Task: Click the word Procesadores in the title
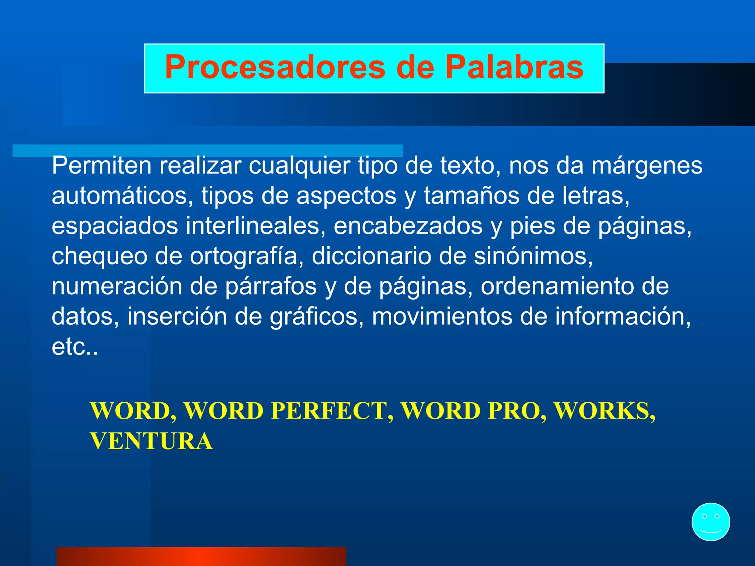(275, 67)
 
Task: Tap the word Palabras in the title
(514, 67)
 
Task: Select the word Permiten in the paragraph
(101, 166)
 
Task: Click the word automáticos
(122, 196)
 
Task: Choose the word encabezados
(408, 226)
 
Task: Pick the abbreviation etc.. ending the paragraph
(75, 347)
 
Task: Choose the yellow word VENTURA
(152, 441)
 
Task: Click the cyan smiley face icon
(710, 522)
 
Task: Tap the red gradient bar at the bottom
(201, 556)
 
